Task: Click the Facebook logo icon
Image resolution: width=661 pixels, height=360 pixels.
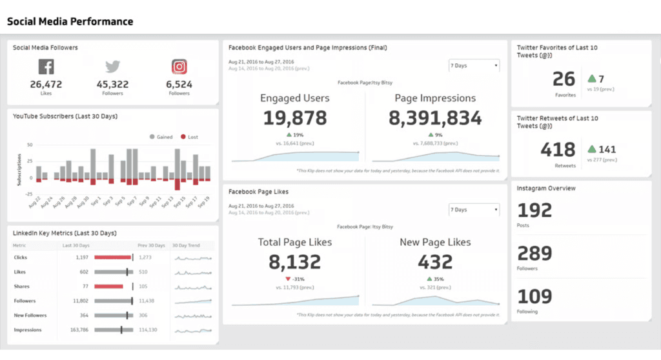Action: tap(46, 66)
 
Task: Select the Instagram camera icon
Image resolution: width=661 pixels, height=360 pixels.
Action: tap(179, 66)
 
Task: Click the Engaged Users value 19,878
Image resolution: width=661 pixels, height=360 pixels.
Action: tap(294, 118)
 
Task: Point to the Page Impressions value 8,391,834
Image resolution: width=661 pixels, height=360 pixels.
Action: tap(435, 118)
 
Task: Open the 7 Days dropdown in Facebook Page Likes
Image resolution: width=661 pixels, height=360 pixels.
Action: tap(474, 210)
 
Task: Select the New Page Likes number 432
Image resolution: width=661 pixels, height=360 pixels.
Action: tap(435, 262)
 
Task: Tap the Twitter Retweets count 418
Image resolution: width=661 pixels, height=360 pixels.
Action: tap(558, 150)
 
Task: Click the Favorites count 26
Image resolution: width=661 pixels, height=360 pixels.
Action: tap(564, 79)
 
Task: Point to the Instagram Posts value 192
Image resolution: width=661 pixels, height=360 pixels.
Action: tap(535, 210)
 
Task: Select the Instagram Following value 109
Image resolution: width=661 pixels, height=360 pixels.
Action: tap(535, 296)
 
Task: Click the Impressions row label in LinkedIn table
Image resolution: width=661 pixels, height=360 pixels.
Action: tap(28, 330)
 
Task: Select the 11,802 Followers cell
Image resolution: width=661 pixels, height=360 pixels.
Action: tap(79, 301)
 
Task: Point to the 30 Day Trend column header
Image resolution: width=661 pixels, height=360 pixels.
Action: tap(187, 245)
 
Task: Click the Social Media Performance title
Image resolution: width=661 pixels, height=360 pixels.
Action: tap(70, 21)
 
